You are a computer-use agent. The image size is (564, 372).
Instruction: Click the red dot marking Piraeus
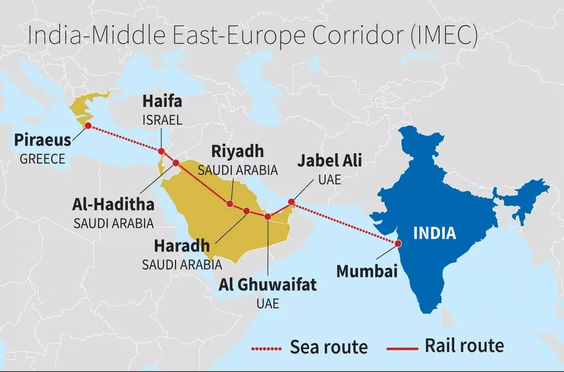(88, 125)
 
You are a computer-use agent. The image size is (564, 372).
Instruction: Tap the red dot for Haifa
(161, 151)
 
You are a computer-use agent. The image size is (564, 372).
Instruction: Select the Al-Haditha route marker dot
(176, 163)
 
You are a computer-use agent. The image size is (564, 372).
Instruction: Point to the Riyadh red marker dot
(230, 204)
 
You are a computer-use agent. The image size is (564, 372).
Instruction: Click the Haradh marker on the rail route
(246, 211)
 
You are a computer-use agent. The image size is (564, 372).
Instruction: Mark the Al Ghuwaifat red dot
(267, 217)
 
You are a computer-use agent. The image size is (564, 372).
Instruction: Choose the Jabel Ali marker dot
(291, 202)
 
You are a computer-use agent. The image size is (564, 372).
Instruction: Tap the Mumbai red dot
(398, 243)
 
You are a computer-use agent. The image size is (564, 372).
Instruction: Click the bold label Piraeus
(42, 140)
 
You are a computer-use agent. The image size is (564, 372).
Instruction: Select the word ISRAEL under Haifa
(162, 120)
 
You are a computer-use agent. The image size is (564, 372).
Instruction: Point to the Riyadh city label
(237, 152)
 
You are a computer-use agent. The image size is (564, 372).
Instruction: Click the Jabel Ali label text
(329, 162)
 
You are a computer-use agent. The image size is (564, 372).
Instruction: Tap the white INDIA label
(435, 233)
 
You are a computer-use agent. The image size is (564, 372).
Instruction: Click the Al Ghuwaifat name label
(267, 285)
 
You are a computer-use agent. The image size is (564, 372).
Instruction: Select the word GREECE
(42, 159)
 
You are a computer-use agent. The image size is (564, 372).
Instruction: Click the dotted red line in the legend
(266, 349)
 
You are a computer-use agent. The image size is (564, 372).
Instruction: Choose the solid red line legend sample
(402, 349)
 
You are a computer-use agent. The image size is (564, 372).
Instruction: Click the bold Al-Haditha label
(113, 204)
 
